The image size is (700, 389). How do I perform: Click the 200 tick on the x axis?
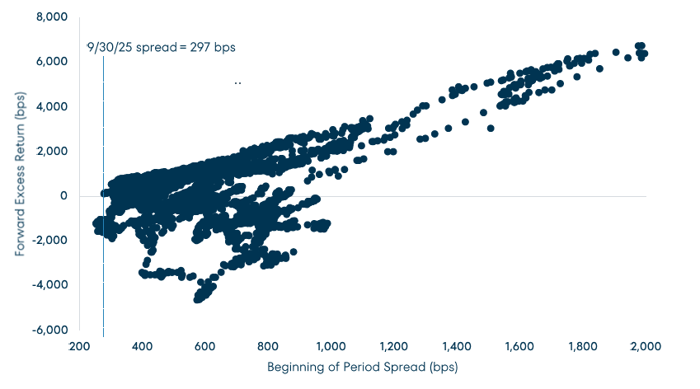pos(79,347)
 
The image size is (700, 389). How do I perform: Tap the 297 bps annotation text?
pos(216,47)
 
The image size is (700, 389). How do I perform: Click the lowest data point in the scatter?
pos(198,300)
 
